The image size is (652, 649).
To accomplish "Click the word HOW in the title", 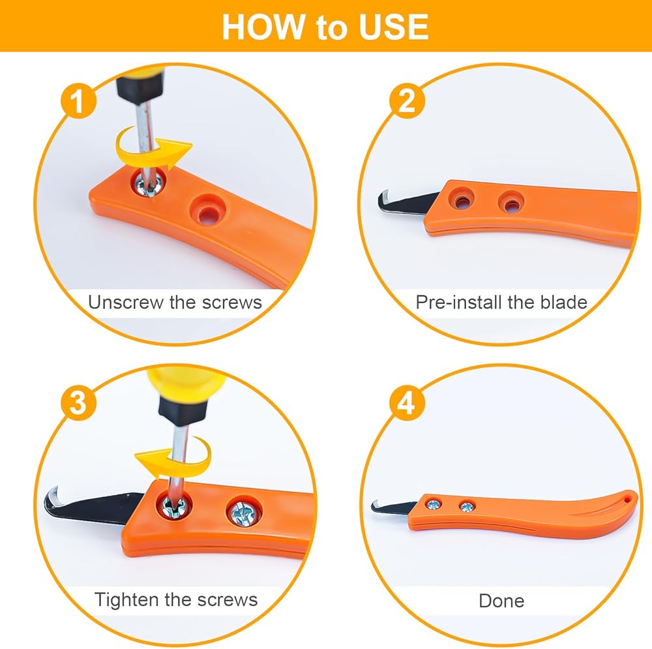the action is pos(263,27).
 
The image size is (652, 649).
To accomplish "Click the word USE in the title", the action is pos(394,27).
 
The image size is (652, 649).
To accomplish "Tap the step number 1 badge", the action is pos(79,101).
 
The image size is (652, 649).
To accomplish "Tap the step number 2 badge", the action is pos(407,101).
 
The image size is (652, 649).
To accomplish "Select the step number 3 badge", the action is pos(79,402).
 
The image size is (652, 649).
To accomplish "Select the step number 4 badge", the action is pos(407,402).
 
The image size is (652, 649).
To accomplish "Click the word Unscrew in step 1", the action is pos(126,302).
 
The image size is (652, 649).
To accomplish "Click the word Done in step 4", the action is pos(501,601).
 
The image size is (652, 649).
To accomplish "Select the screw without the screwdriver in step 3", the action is pos(244,511).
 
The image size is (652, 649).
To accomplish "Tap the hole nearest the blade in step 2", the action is pos(462,198).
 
